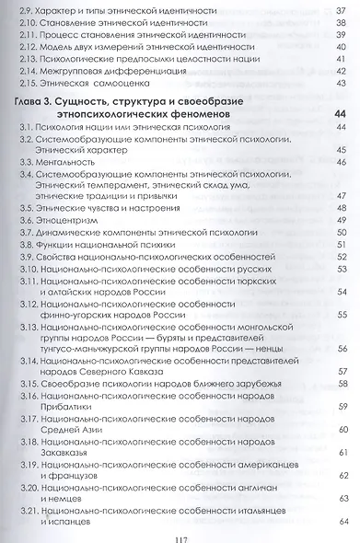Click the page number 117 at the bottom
pyautogui.click(x=180, y=529)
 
